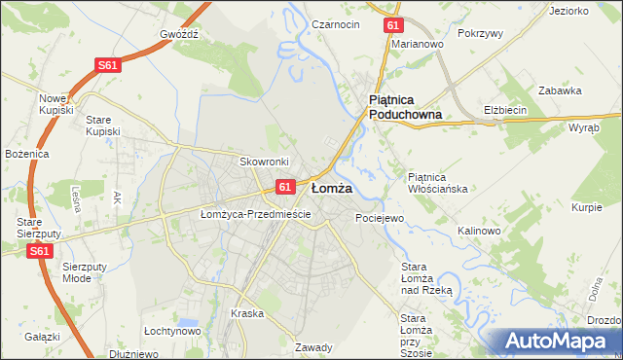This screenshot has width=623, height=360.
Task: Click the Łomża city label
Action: [331, 188]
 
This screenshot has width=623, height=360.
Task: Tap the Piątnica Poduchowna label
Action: [405, 107]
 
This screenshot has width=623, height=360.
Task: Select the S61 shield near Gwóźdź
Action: [109, 65]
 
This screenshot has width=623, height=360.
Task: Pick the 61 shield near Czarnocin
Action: [391, 25]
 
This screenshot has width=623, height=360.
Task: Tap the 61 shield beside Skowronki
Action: [285, 186]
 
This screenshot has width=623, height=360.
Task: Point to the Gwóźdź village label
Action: [179, 33]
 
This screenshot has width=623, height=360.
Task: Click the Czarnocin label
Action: [336, 23]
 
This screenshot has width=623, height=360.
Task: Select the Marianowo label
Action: [418, 44]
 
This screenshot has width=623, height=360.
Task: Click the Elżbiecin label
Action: [505, 110]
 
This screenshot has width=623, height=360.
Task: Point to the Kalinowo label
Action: [478, 231]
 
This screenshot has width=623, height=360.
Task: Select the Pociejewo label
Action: [379, 218]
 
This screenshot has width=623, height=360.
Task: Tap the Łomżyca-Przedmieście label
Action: [255, 214]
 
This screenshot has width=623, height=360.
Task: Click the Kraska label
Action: [247, 313]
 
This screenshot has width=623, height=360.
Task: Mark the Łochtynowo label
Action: [171, 331]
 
